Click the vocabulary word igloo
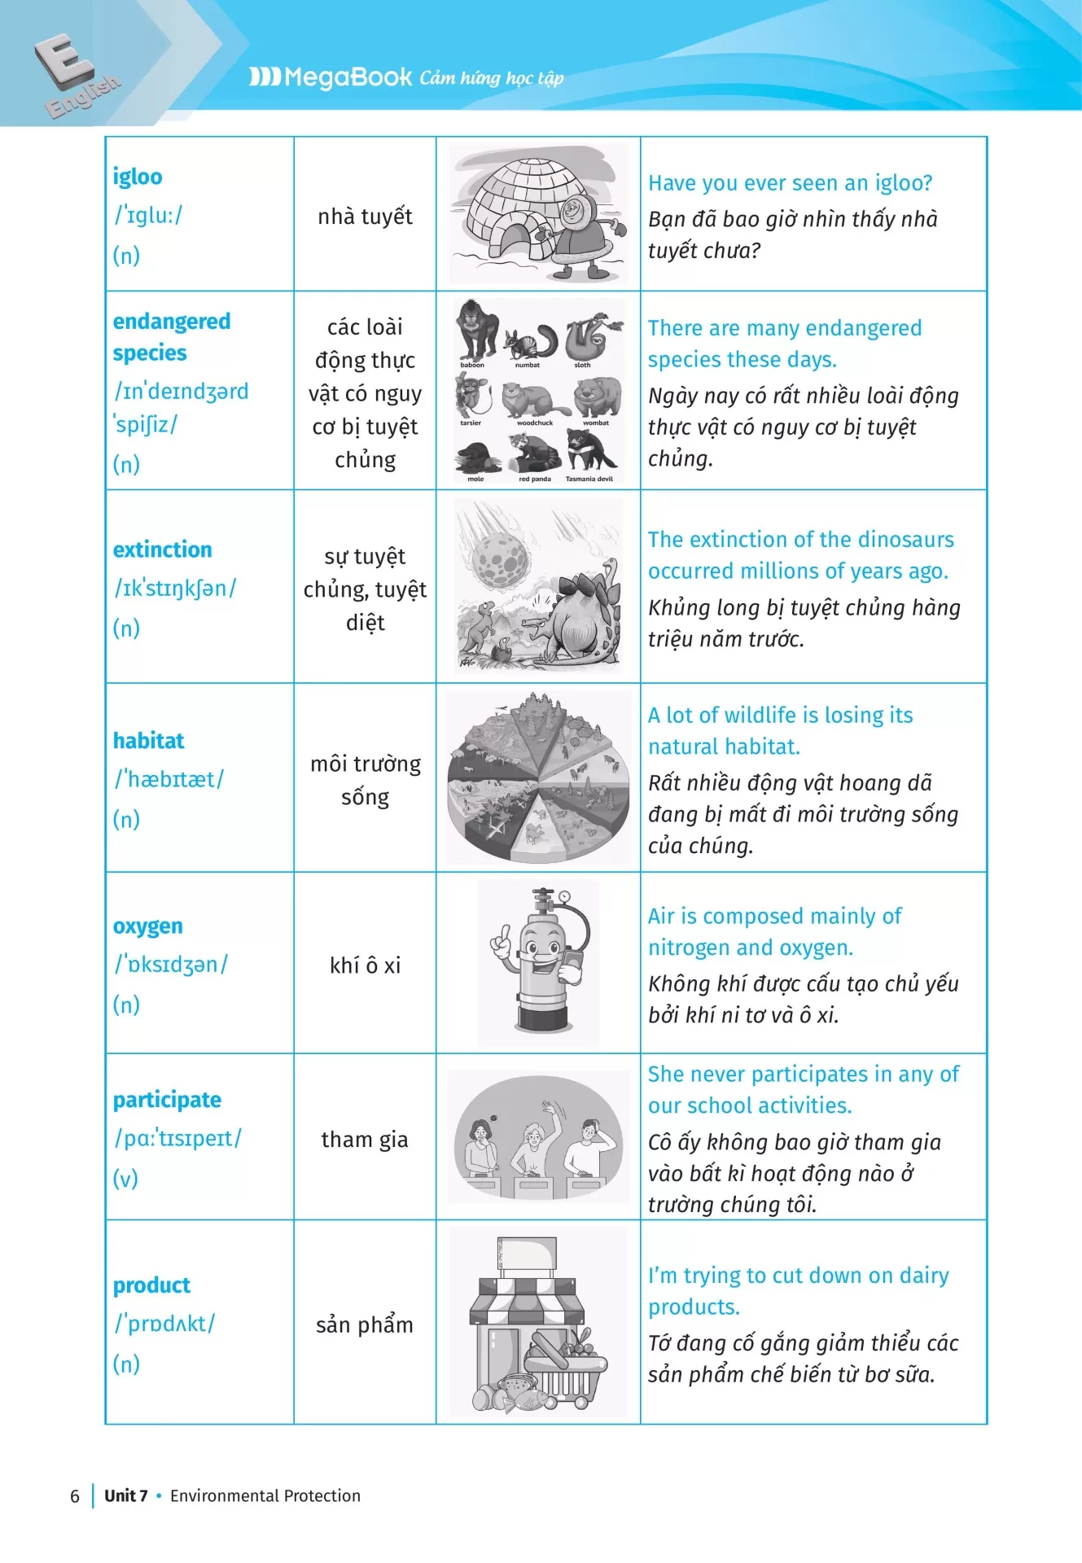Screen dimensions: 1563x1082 (x=138, y=177)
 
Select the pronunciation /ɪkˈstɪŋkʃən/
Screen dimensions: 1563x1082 (x=175, y=589)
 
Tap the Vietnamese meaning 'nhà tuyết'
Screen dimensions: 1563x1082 (x=365, y=217)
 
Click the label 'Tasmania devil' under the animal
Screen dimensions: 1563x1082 (x=589, y=479)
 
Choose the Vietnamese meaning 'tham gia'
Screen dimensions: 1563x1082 (x=365, y=1140)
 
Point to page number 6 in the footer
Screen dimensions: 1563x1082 (x=75, y=1496)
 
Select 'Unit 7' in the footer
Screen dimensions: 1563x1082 (x=126, y=1495)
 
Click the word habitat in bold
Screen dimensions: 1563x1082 (x=149, y=741)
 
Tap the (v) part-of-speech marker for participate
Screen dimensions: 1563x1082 (x=125, y=1178)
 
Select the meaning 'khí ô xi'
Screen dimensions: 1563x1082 (x=365, y=965)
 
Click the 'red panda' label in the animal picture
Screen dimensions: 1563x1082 (x=535, y=479)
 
